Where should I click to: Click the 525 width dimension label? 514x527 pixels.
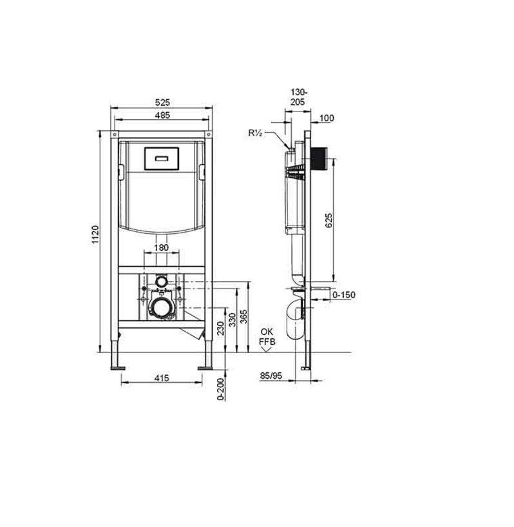(x=162, y=102)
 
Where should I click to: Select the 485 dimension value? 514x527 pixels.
(x=162, y=115)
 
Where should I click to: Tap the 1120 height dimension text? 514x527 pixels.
(x=95, y=235)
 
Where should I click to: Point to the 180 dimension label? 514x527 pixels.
(x=161, y=247)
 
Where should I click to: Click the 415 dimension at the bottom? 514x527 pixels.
(x=162, y=378)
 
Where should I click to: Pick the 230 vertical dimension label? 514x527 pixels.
(x=220, y=328)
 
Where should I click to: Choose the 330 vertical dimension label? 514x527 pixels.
(x=233, y=320)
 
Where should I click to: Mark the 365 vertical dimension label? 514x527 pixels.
(x=244, y=316)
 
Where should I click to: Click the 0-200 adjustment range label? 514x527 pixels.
(x=220, y=389)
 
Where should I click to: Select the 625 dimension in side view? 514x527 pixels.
(x=329, y=220)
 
